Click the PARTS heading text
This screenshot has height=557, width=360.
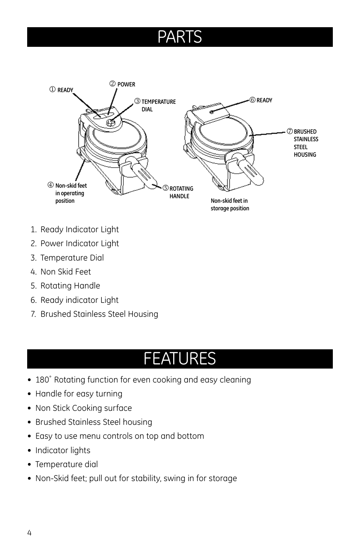pos(180,37)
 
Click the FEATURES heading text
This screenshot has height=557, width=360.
pos(180,359)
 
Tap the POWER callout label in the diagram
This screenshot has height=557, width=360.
pos(126,85)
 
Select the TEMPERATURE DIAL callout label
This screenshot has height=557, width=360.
pos(158,105)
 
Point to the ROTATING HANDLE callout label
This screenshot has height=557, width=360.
pos(181,192)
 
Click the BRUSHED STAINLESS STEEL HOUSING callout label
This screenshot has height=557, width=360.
pos(306,143)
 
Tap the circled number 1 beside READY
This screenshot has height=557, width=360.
pos(52,89)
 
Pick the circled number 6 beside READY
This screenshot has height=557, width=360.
pos(252,100)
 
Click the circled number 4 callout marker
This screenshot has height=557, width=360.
pos(51,185)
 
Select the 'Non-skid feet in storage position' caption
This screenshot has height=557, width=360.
pos(230,204)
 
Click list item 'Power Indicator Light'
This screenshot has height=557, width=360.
pos(80,244)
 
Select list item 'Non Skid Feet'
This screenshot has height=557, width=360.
pos(66,272)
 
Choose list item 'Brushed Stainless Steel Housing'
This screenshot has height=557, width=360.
pos(99,314)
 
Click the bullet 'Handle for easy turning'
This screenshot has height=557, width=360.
pos(79,394)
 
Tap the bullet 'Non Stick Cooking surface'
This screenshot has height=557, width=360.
pos(84,408)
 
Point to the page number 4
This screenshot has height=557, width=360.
pos(29,533)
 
